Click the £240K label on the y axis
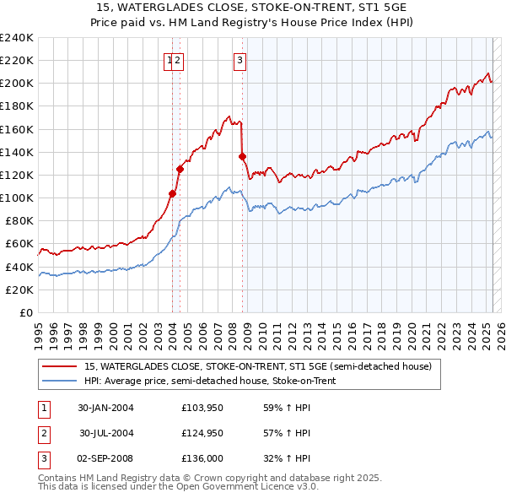click(x=16, y=37)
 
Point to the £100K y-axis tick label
click(x=16, y=198)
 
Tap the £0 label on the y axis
click(x=24, y=312)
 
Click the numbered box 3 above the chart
click(x=240, y=60)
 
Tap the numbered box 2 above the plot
click(x=180, y=60)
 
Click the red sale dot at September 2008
click(x=243, y=156)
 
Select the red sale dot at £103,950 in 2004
click(x=173, y=193)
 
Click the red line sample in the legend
click(x=57, y=366)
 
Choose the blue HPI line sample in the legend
click(x=57, y=381)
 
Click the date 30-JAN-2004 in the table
click(x=105, y=407)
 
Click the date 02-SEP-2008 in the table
click(x=105, y=459)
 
